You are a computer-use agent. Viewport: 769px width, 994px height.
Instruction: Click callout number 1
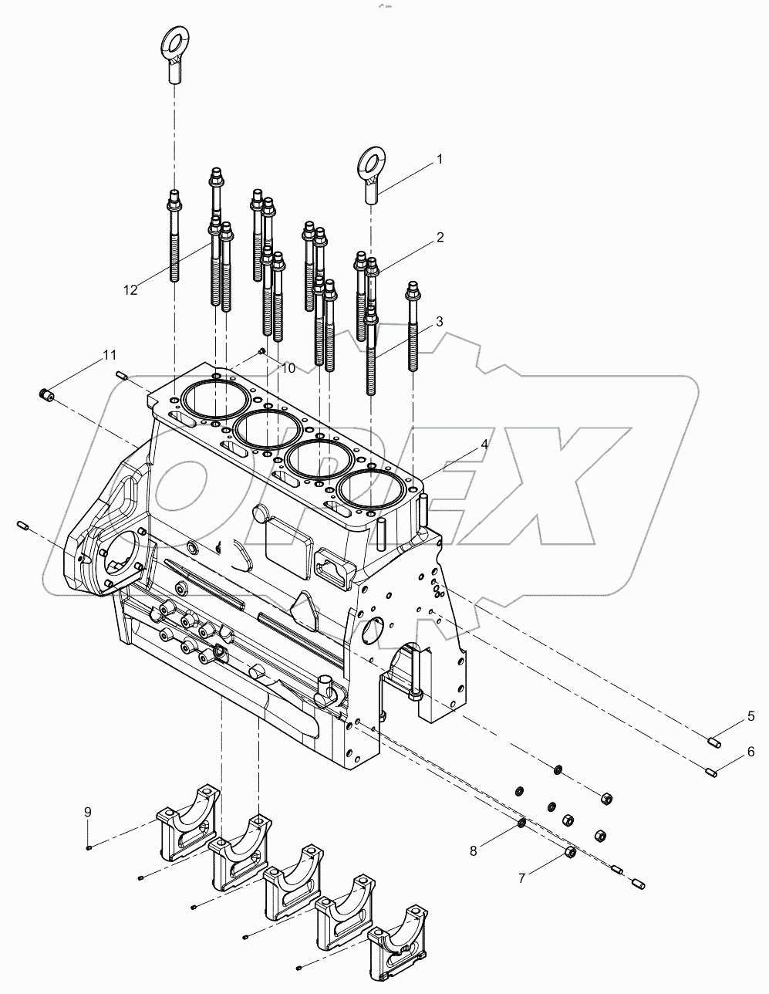(x=440, y=160)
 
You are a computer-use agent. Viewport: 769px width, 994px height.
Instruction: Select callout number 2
(x=440, y=238)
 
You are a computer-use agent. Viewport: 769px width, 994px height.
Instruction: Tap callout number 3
(x=438, y=322)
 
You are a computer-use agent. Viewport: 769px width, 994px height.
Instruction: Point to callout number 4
(x=484, y=444)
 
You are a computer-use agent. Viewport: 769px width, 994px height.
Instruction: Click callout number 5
(x=750, y=717)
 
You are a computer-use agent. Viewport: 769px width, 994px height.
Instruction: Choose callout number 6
(x=750, y=750)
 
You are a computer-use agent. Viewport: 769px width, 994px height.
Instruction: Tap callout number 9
(x=88, y=811)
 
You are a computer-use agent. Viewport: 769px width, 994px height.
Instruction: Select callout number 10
(x=287, y=369)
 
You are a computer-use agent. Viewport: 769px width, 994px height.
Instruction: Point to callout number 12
(x=130, y=289)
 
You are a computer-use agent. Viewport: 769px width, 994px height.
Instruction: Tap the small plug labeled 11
(x=46, y=395)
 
